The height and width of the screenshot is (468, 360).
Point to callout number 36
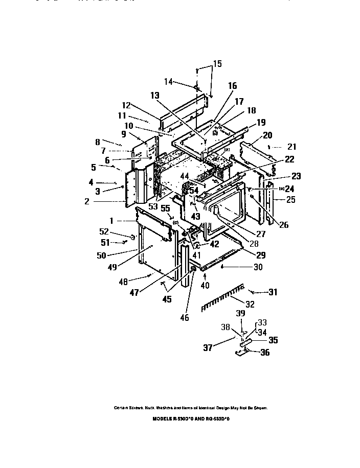coord(265,352)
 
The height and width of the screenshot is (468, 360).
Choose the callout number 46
coord(184,318)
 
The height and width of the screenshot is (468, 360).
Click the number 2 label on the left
coord(87,202)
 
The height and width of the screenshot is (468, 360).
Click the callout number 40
coord(206,285)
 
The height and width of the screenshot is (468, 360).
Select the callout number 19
coord(261,122)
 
